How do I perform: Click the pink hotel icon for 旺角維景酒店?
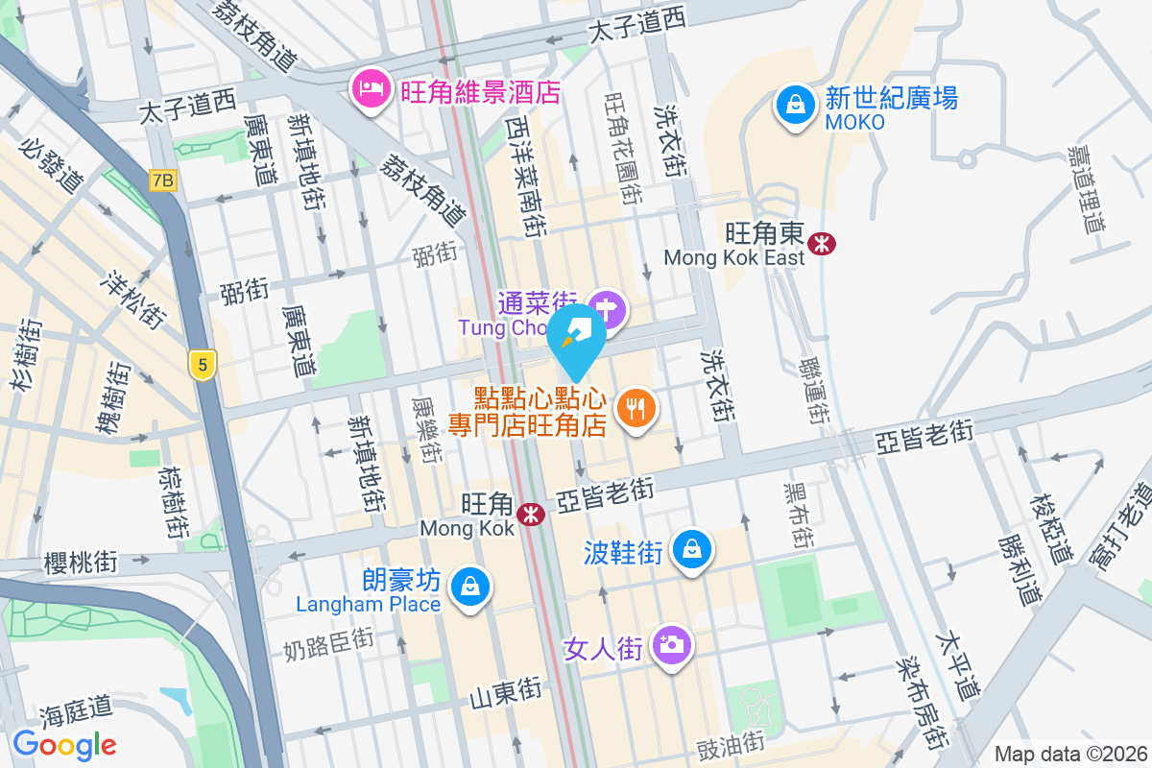(369, 89)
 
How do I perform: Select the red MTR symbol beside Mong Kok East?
(822, 243)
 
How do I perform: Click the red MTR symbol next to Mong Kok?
(530, 515)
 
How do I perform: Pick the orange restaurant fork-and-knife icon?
(635, 409)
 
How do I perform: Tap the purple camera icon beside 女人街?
(671, 644)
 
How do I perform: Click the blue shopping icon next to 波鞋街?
(691, 549)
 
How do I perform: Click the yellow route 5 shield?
(202, 365)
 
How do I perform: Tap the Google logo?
(64, 744)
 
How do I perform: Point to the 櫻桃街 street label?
(81, 562)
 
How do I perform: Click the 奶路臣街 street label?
(328, 645)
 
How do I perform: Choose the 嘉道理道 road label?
(1085, 189)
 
